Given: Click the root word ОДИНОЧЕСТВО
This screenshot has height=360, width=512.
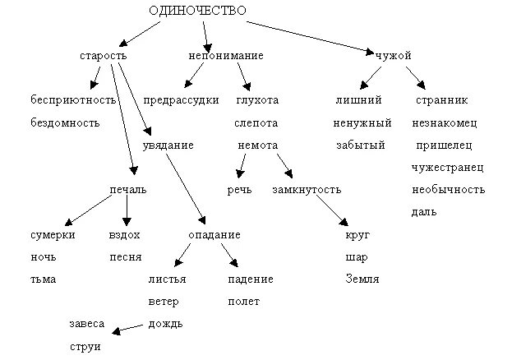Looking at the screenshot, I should tap(197, 11).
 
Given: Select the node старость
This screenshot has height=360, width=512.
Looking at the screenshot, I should tap(103, 55).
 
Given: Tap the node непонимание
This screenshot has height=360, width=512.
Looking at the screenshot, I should tap(225, 55).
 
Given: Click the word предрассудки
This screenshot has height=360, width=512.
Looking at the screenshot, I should tap(181, 100).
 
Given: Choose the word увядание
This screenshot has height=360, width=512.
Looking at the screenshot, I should tap(168, 145).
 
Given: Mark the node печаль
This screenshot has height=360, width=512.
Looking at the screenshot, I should tap(127, 190).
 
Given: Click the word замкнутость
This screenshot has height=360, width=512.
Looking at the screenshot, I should tap(306, 190).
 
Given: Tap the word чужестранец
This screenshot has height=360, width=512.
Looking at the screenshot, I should tap(447, 168).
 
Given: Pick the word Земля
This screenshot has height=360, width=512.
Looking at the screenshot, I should tap(362, 279).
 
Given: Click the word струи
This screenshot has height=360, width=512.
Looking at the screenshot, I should tap(85, 347).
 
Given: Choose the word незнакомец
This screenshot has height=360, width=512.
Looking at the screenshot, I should tap(445, 122).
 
